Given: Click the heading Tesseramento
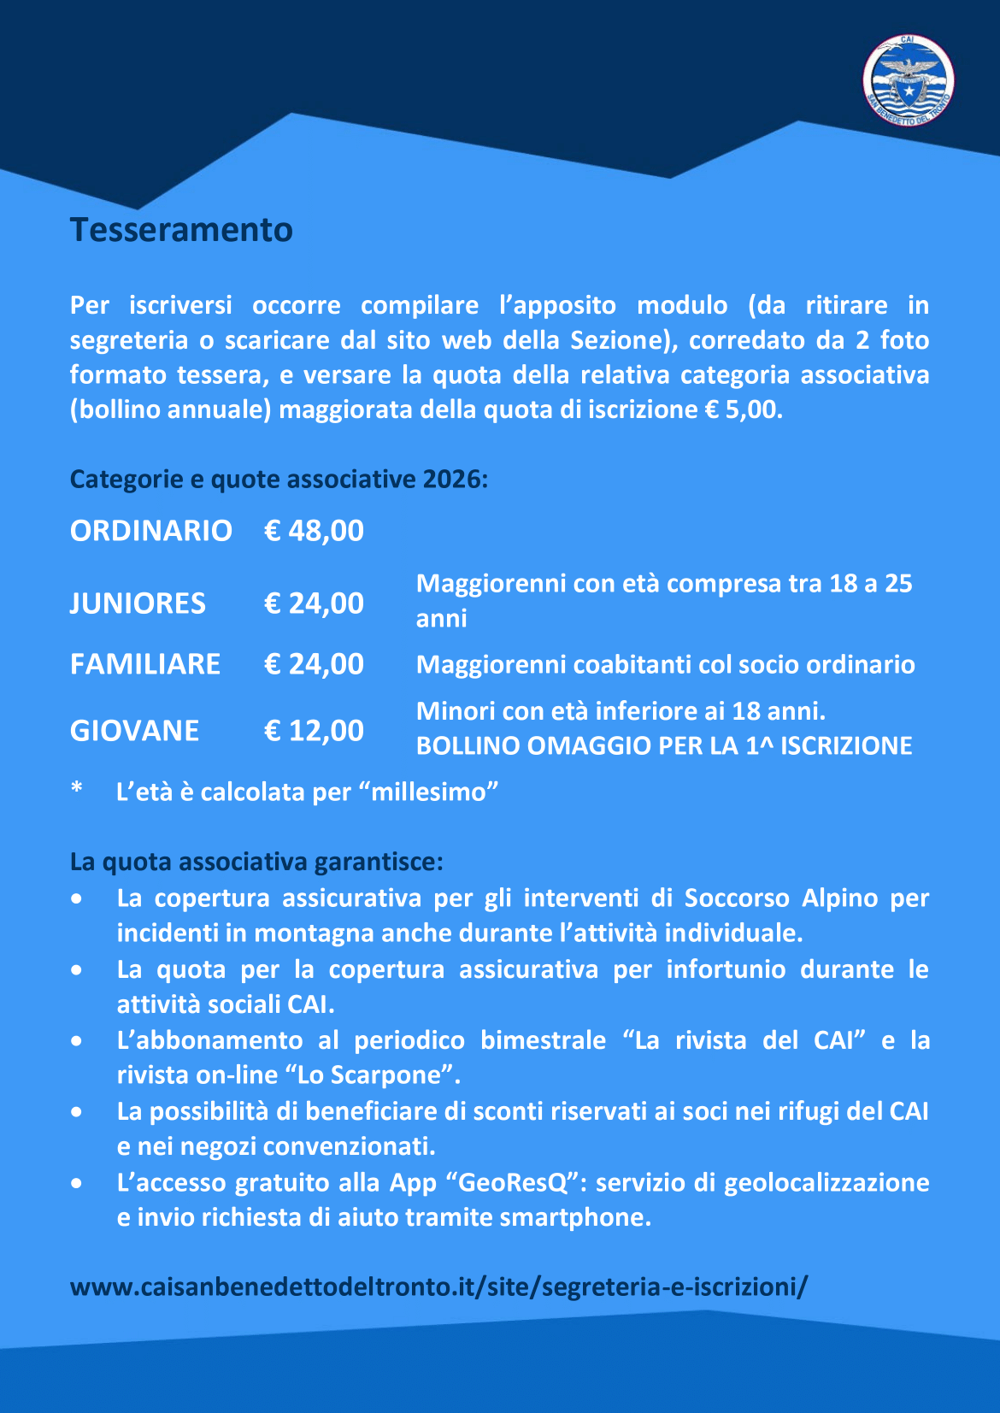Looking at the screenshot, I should coord(181,230).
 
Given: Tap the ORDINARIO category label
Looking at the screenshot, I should coord(150,531).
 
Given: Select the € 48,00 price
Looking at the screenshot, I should coord(314,531).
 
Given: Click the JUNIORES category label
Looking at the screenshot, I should coord(138,603).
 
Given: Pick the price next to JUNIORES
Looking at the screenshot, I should coord(314,603).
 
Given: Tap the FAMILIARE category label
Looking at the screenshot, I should coord(145,664).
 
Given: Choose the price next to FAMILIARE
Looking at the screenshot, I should coord(314,664).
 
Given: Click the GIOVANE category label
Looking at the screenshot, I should coord(134,731).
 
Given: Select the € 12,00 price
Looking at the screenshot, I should coord(314,731).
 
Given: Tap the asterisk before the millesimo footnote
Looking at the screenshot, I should coord(77,788).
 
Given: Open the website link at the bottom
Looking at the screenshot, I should coord(438,1286).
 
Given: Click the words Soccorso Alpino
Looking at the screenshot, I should coord(738,898).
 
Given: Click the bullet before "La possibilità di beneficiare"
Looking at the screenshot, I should coord(78,1113).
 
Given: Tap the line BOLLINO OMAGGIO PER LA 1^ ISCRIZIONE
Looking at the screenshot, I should coord(664,746).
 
